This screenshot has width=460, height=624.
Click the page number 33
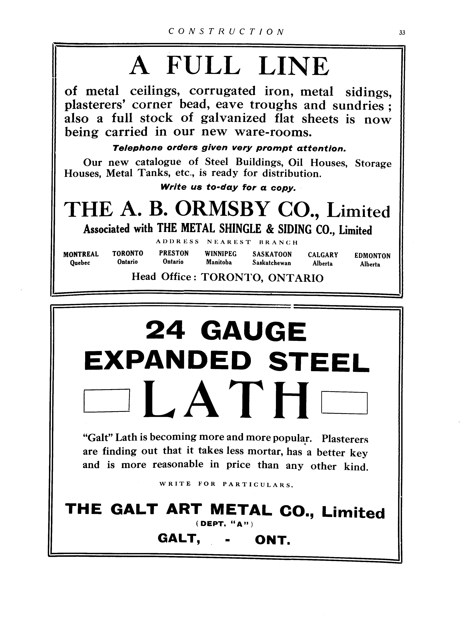402,33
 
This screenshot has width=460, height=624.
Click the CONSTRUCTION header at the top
226,31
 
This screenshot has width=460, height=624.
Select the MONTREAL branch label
81,254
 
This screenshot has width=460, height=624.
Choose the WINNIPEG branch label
221,254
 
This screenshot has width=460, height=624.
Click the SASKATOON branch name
272,254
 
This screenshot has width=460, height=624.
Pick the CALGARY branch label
323,255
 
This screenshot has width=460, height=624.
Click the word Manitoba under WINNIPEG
219,262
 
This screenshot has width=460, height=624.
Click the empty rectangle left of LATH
107,401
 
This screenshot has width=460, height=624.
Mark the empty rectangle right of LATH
344,403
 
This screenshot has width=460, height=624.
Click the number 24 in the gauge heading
165,331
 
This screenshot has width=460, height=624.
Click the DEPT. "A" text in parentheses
224,524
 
